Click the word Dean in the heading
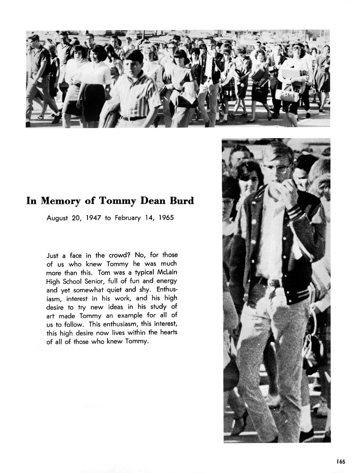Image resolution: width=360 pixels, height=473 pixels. (x=149, y=201)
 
